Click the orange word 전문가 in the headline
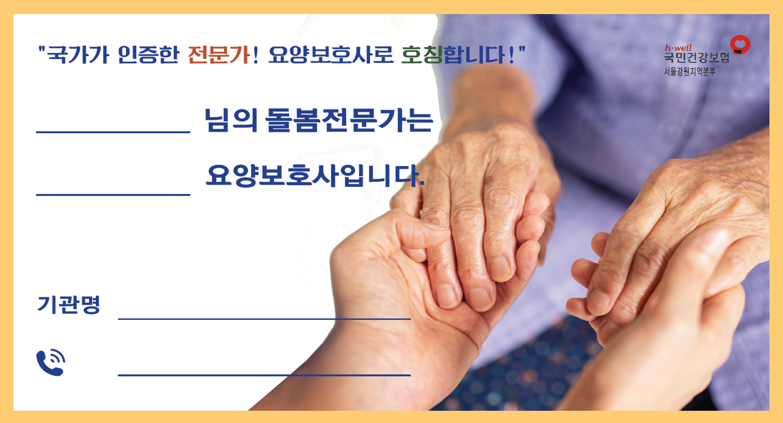[219, 55]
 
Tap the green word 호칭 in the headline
[422, 55]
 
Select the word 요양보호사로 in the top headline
[331, 55]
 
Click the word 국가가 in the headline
[78, 55]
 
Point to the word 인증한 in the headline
[148, 55]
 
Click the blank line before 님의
[113, 132]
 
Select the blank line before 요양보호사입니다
[113, 194]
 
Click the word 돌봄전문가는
[349, 120]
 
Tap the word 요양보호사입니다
[315, 175]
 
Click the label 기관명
[68, 304]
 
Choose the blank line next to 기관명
[264, 319]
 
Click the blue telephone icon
[51, 362]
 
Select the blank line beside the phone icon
[264, 375]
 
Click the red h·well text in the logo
[678, 48]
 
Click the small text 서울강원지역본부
[690, 71]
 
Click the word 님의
[231, 120]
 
